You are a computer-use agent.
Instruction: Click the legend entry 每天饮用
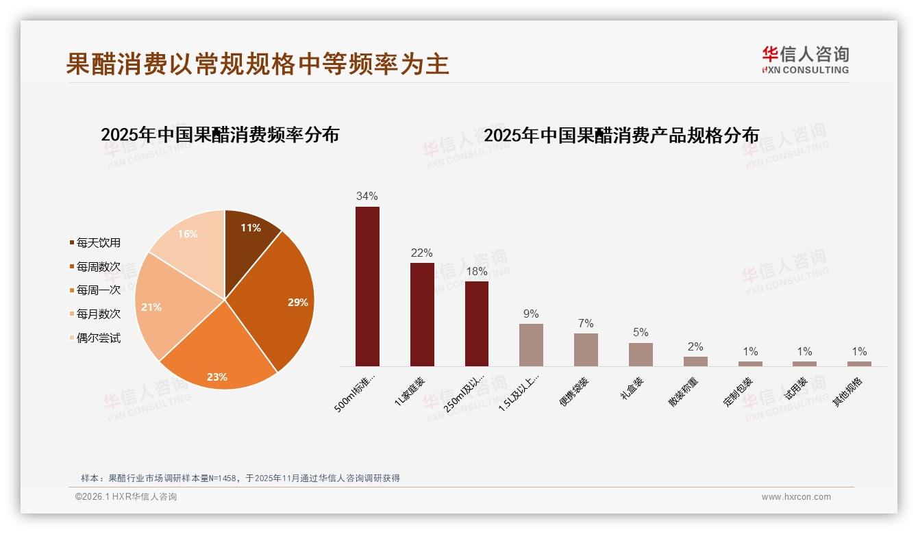click(98, 242)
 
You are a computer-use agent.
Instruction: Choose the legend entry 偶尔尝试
click(98, 338)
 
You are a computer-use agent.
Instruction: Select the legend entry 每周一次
click(98, 290)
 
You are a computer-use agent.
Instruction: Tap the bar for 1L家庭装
click(422, 314)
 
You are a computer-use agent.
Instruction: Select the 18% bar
click(477, 323)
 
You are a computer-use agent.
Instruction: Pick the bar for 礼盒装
click(641, 354)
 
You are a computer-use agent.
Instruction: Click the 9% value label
click(531, 314)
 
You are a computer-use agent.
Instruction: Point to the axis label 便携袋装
click(576, 392)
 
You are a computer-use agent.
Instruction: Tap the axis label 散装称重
click(686, 392)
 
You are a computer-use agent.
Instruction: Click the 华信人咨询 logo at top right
click(806, 60)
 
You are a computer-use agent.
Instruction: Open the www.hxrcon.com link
click(796, 497)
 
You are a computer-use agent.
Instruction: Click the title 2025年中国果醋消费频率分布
click(220, 135)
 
